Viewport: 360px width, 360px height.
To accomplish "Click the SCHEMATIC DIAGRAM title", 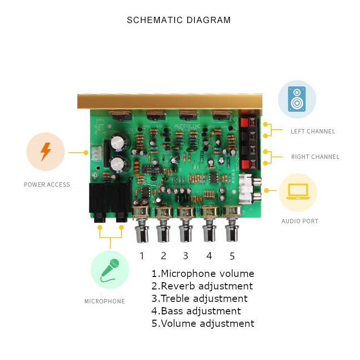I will click(179, 20).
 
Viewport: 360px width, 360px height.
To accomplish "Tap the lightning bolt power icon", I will click(46, 151).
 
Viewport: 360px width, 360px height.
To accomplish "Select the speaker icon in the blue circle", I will click(297, 99).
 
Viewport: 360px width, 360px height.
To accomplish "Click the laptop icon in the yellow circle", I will click(298, 192).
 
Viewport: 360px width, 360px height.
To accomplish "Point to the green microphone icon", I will click(110, 270).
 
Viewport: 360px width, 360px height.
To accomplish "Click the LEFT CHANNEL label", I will click(313, 131).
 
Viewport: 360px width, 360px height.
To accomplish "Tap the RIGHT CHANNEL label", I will click(315, 157).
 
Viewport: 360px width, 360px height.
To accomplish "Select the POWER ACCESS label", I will click(47, 185).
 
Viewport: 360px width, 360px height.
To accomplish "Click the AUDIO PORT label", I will click(300, 221).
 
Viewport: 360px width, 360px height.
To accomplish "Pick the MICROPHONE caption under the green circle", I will click(105, 301).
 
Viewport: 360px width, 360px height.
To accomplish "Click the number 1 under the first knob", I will click(142, 255).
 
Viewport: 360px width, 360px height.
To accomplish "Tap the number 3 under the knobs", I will click(186, 255).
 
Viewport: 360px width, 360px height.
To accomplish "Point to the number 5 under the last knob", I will click(232, 255).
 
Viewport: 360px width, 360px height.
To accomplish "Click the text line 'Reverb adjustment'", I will click(202, 286).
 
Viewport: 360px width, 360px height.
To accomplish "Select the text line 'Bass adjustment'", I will click(196, 311).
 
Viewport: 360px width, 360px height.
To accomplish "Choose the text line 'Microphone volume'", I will click(203, 274).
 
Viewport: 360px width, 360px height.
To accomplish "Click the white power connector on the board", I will click(96, 153).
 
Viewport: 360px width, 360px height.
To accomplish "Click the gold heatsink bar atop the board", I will click(170, 101).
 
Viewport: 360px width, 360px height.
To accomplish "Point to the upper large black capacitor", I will click(118, 142).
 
